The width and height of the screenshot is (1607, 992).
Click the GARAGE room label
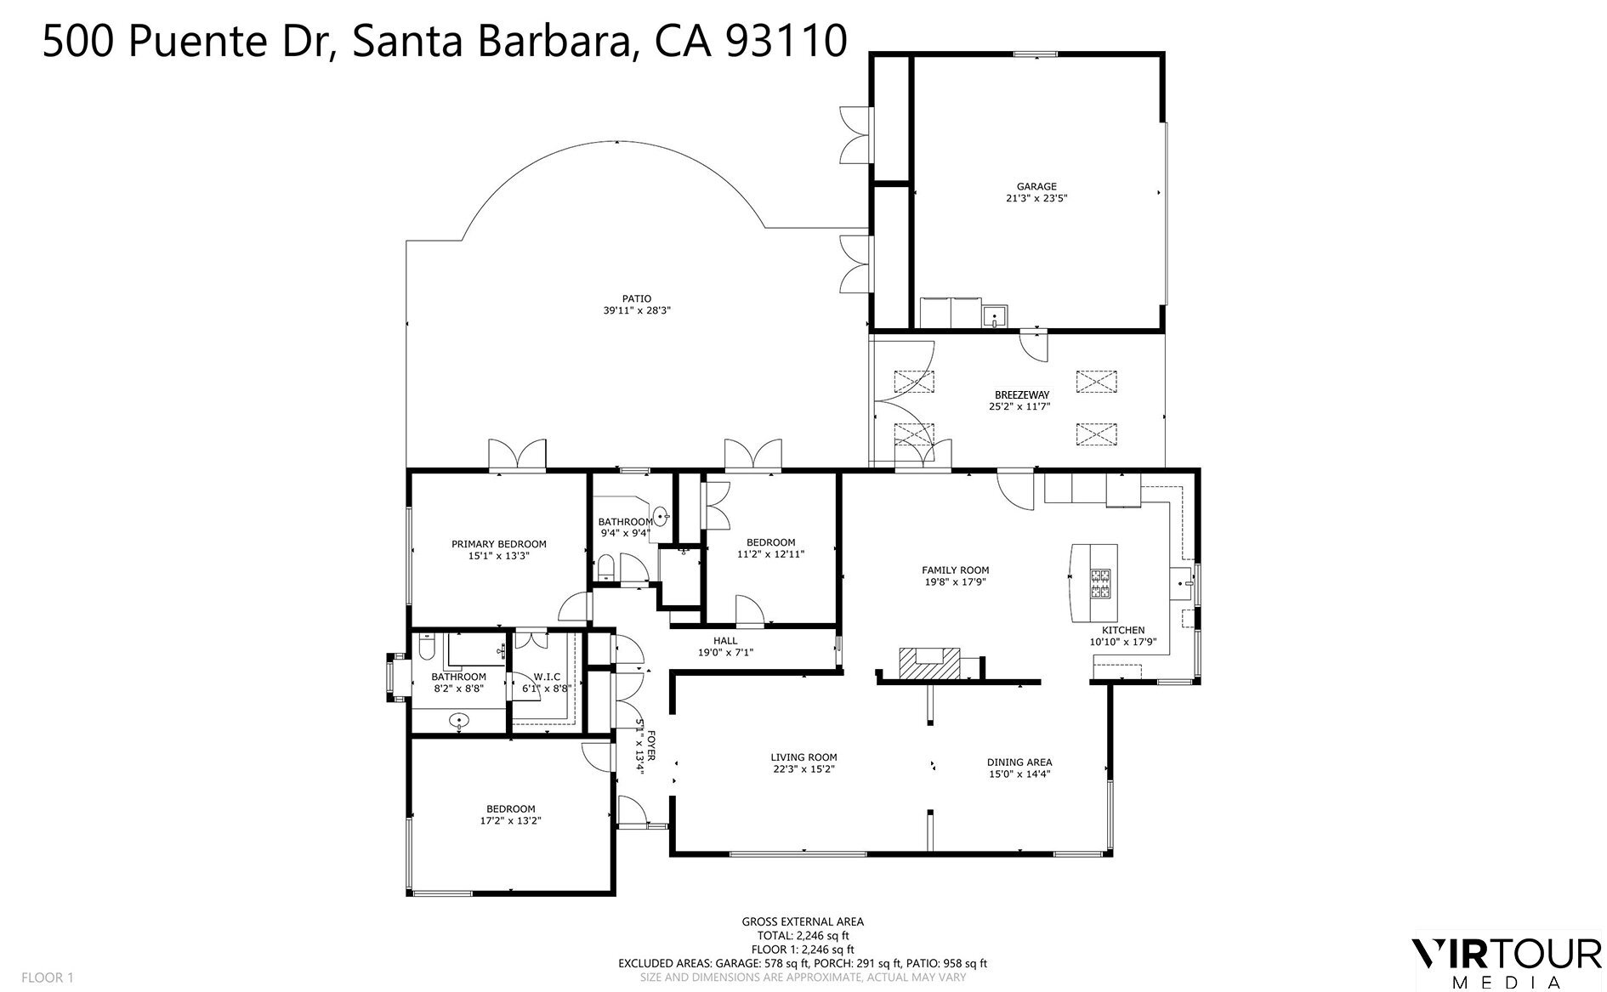coord(1036,186)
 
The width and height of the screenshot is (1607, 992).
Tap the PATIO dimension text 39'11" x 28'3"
coord(637,311)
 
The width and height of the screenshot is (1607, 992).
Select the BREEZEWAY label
coord(1021,395)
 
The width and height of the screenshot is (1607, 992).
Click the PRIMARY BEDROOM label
coord(498,544)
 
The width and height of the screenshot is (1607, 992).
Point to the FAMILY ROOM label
coord(955,570)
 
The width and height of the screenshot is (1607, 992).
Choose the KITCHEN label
coord(1122,630)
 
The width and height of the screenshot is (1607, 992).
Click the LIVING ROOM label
coord(803,757)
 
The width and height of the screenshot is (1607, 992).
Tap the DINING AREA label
coord(1019,762)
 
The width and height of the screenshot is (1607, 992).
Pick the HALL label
coord(725,641)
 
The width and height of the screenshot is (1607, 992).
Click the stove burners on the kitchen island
coord(1100,582)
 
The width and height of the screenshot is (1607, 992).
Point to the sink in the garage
coord(994,318)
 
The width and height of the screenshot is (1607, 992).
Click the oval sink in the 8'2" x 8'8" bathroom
coord(460,721)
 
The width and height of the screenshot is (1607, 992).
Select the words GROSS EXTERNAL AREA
coord(803,921)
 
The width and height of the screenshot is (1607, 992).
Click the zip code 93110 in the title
coord(786,42)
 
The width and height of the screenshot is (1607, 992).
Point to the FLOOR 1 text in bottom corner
coord(48,978)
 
